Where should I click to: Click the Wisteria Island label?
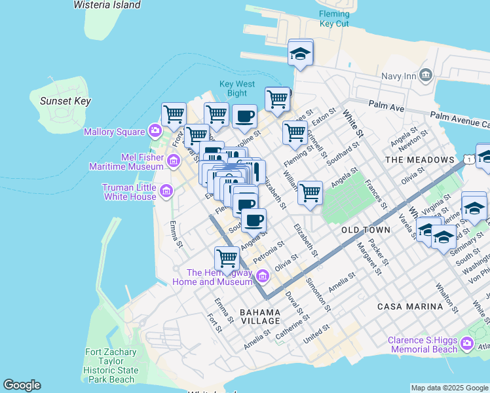click(x=107, y=5)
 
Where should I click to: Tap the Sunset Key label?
click(x=65, y=101)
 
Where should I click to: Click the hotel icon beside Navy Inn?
click(x=426, y=76)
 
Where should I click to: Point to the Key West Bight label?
click(x=236, y=88)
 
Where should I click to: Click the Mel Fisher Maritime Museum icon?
click(x=174, y=160)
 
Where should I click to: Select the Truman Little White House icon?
click(x=166, y=191)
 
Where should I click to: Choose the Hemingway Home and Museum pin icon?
click(x=263, y=276)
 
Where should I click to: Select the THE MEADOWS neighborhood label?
click(x=419, y=160)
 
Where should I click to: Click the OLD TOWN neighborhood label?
click(x=366, y=230)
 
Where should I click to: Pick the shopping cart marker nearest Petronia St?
click(x=227, y=257)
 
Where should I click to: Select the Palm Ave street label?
click(x=387, y=105)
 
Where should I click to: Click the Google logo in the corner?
click(x=22, y=385)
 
